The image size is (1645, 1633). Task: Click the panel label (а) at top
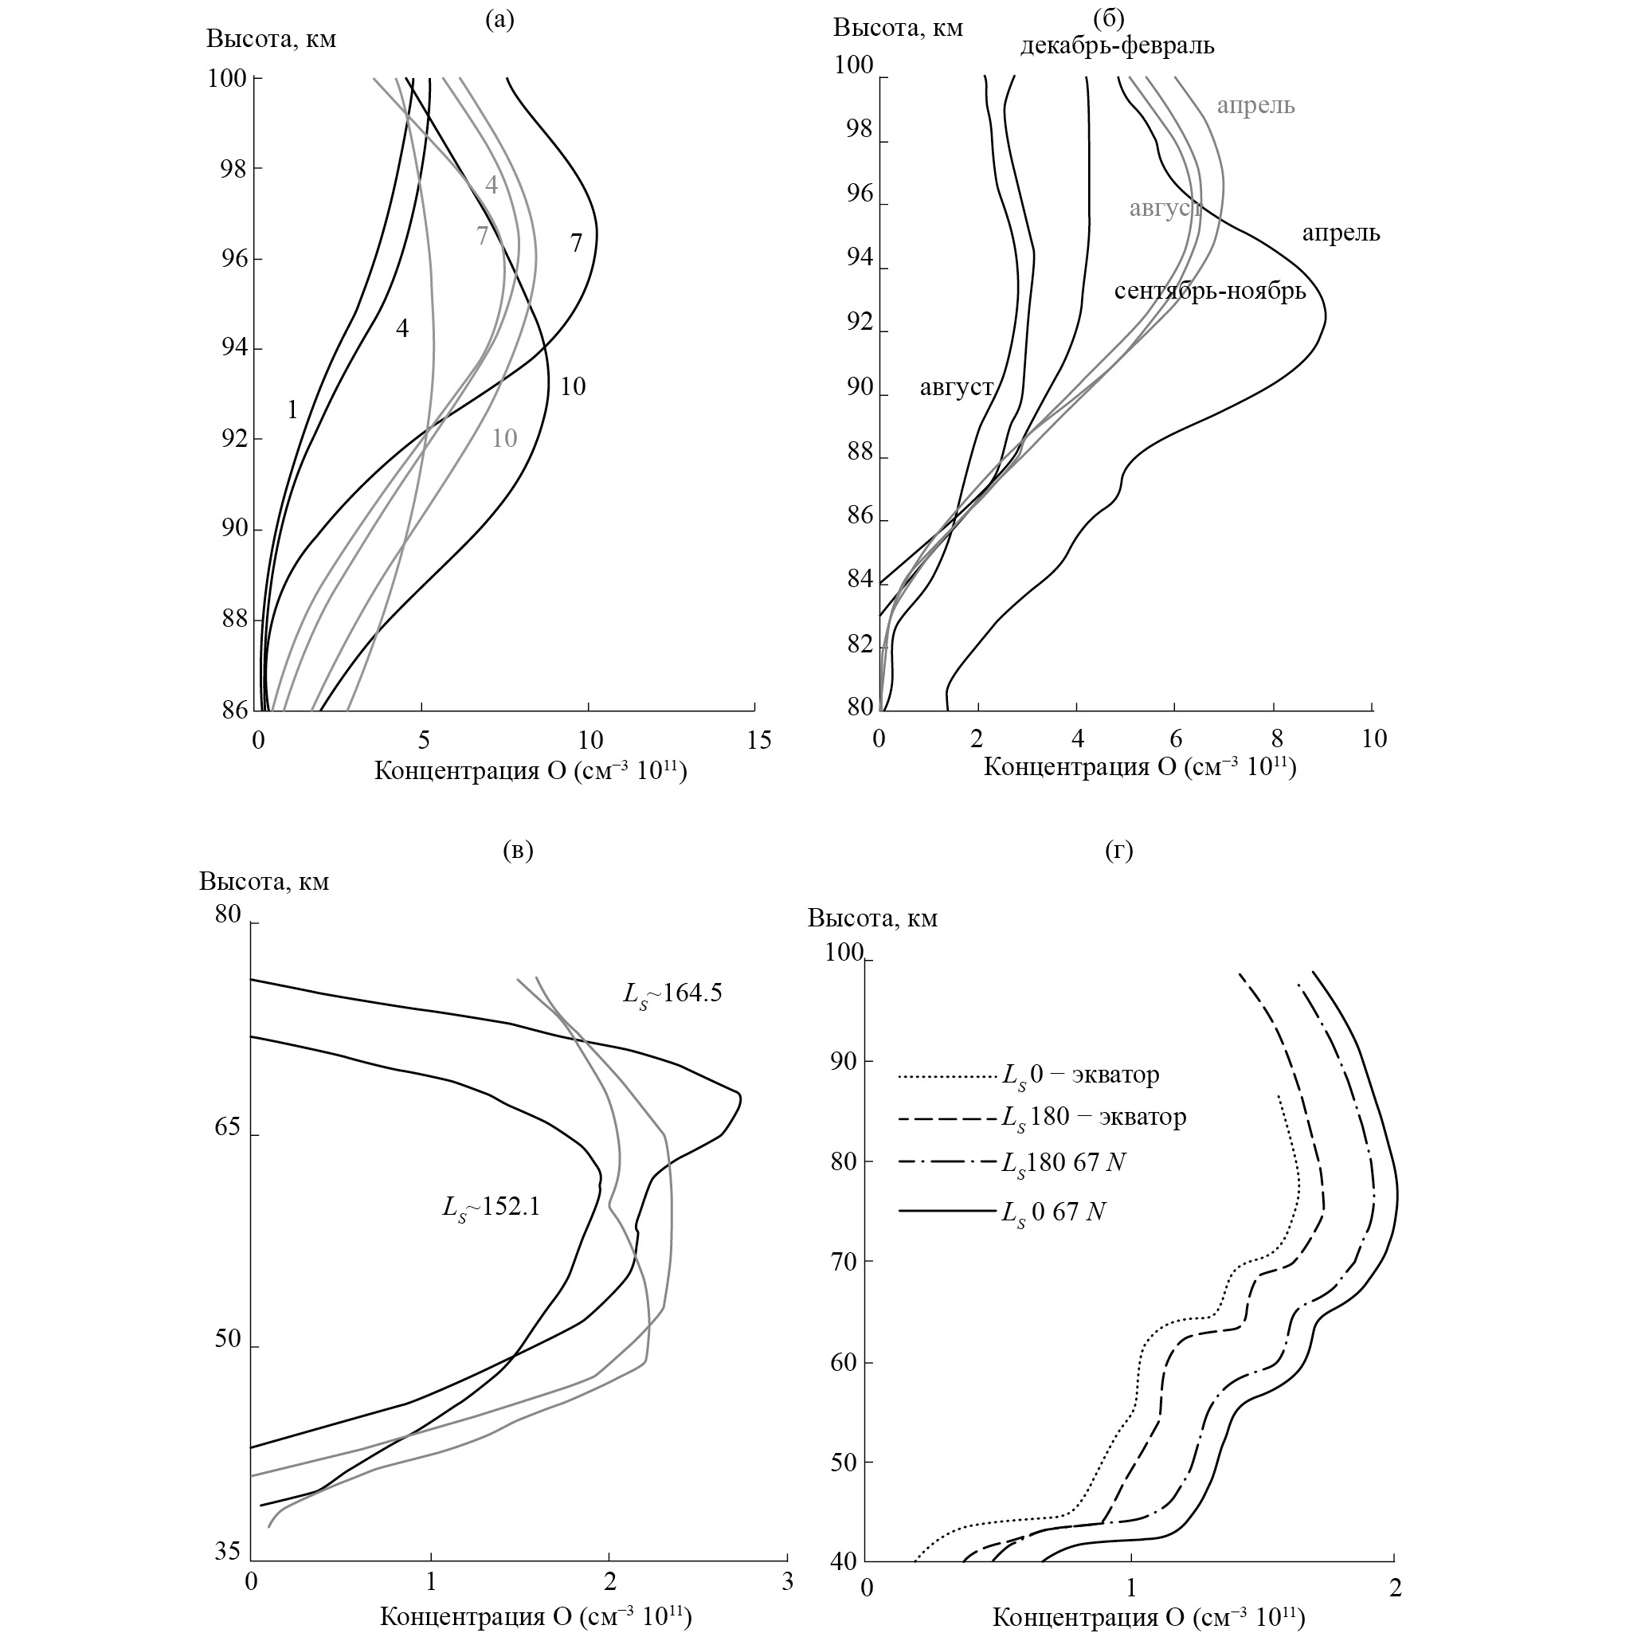[x=499, y=20]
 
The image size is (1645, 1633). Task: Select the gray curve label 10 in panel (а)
[x=504, y=438]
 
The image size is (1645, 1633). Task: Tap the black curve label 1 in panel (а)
[x=292, y=410]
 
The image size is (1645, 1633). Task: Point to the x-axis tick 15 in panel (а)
[x=758, y=741]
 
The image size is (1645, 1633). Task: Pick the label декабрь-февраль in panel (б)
[x=1117, y=45]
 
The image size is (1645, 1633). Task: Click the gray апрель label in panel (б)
[x=1255, y=106]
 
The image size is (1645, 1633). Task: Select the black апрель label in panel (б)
[x=1340, y=233]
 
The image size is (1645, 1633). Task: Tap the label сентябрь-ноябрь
[x=1209, y=292]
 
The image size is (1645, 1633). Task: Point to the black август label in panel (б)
[x=956, y=388]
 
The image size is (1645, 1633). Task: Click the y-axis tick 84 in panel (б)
[x=861, y=580]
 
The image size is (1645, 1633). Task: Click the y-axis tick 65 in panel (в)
[x=227, y=1129]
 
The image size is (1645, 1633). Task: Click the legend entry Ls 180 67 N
[x=1063, y=1163]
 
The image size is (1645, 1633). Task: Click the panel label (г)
[x=1118, y=850]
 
